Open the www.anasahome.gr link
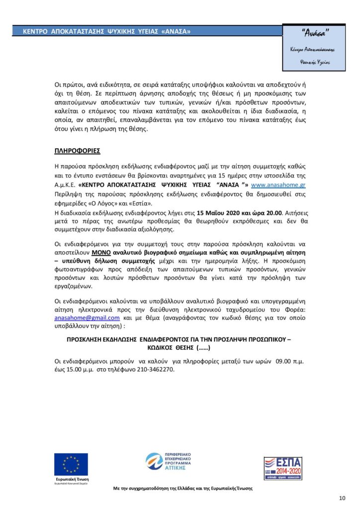[278, 184]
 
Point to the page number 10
[342, 499]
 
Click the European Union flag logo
[71, 464]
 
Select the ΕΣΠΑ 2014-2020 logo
[282, 467]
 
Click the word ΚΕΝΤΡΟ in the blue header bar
[35, 31]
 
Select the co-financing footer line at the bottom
[183, 488]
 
